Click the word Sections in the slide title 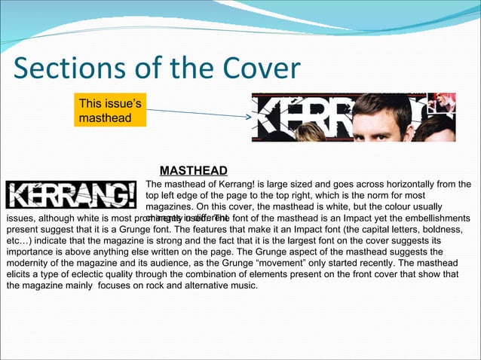61,69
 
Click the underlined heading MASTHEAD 195,169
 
